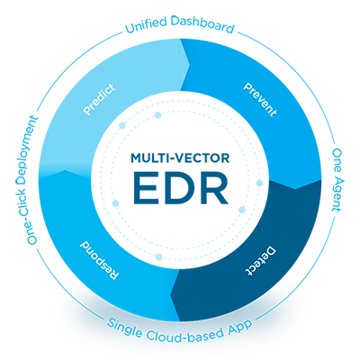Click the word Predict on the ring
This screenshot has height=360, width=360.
pos(99,99)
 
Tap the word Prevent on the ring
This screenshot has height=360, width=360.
pos(260,99)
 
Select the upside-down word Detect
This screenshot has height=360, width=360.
pos(260,260)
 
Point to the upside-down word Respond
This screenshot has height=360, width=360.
pos(100,260)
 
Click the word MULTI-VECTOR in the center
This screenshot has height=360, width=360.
pos(180,158)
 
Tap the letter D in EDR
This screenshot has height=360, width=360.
pos(179,187)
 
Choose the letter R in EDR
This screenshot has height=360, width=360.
pos(214,187)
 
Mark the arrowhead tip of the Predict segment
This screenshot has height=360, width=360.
pos(190,64)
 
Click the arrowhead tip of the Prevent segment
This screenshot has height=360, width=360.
pos(295,189)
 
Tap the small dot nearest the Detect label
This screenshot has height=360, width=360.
pos(242,210)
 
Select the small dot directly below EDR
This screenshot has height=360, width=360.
pos(159,256)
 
